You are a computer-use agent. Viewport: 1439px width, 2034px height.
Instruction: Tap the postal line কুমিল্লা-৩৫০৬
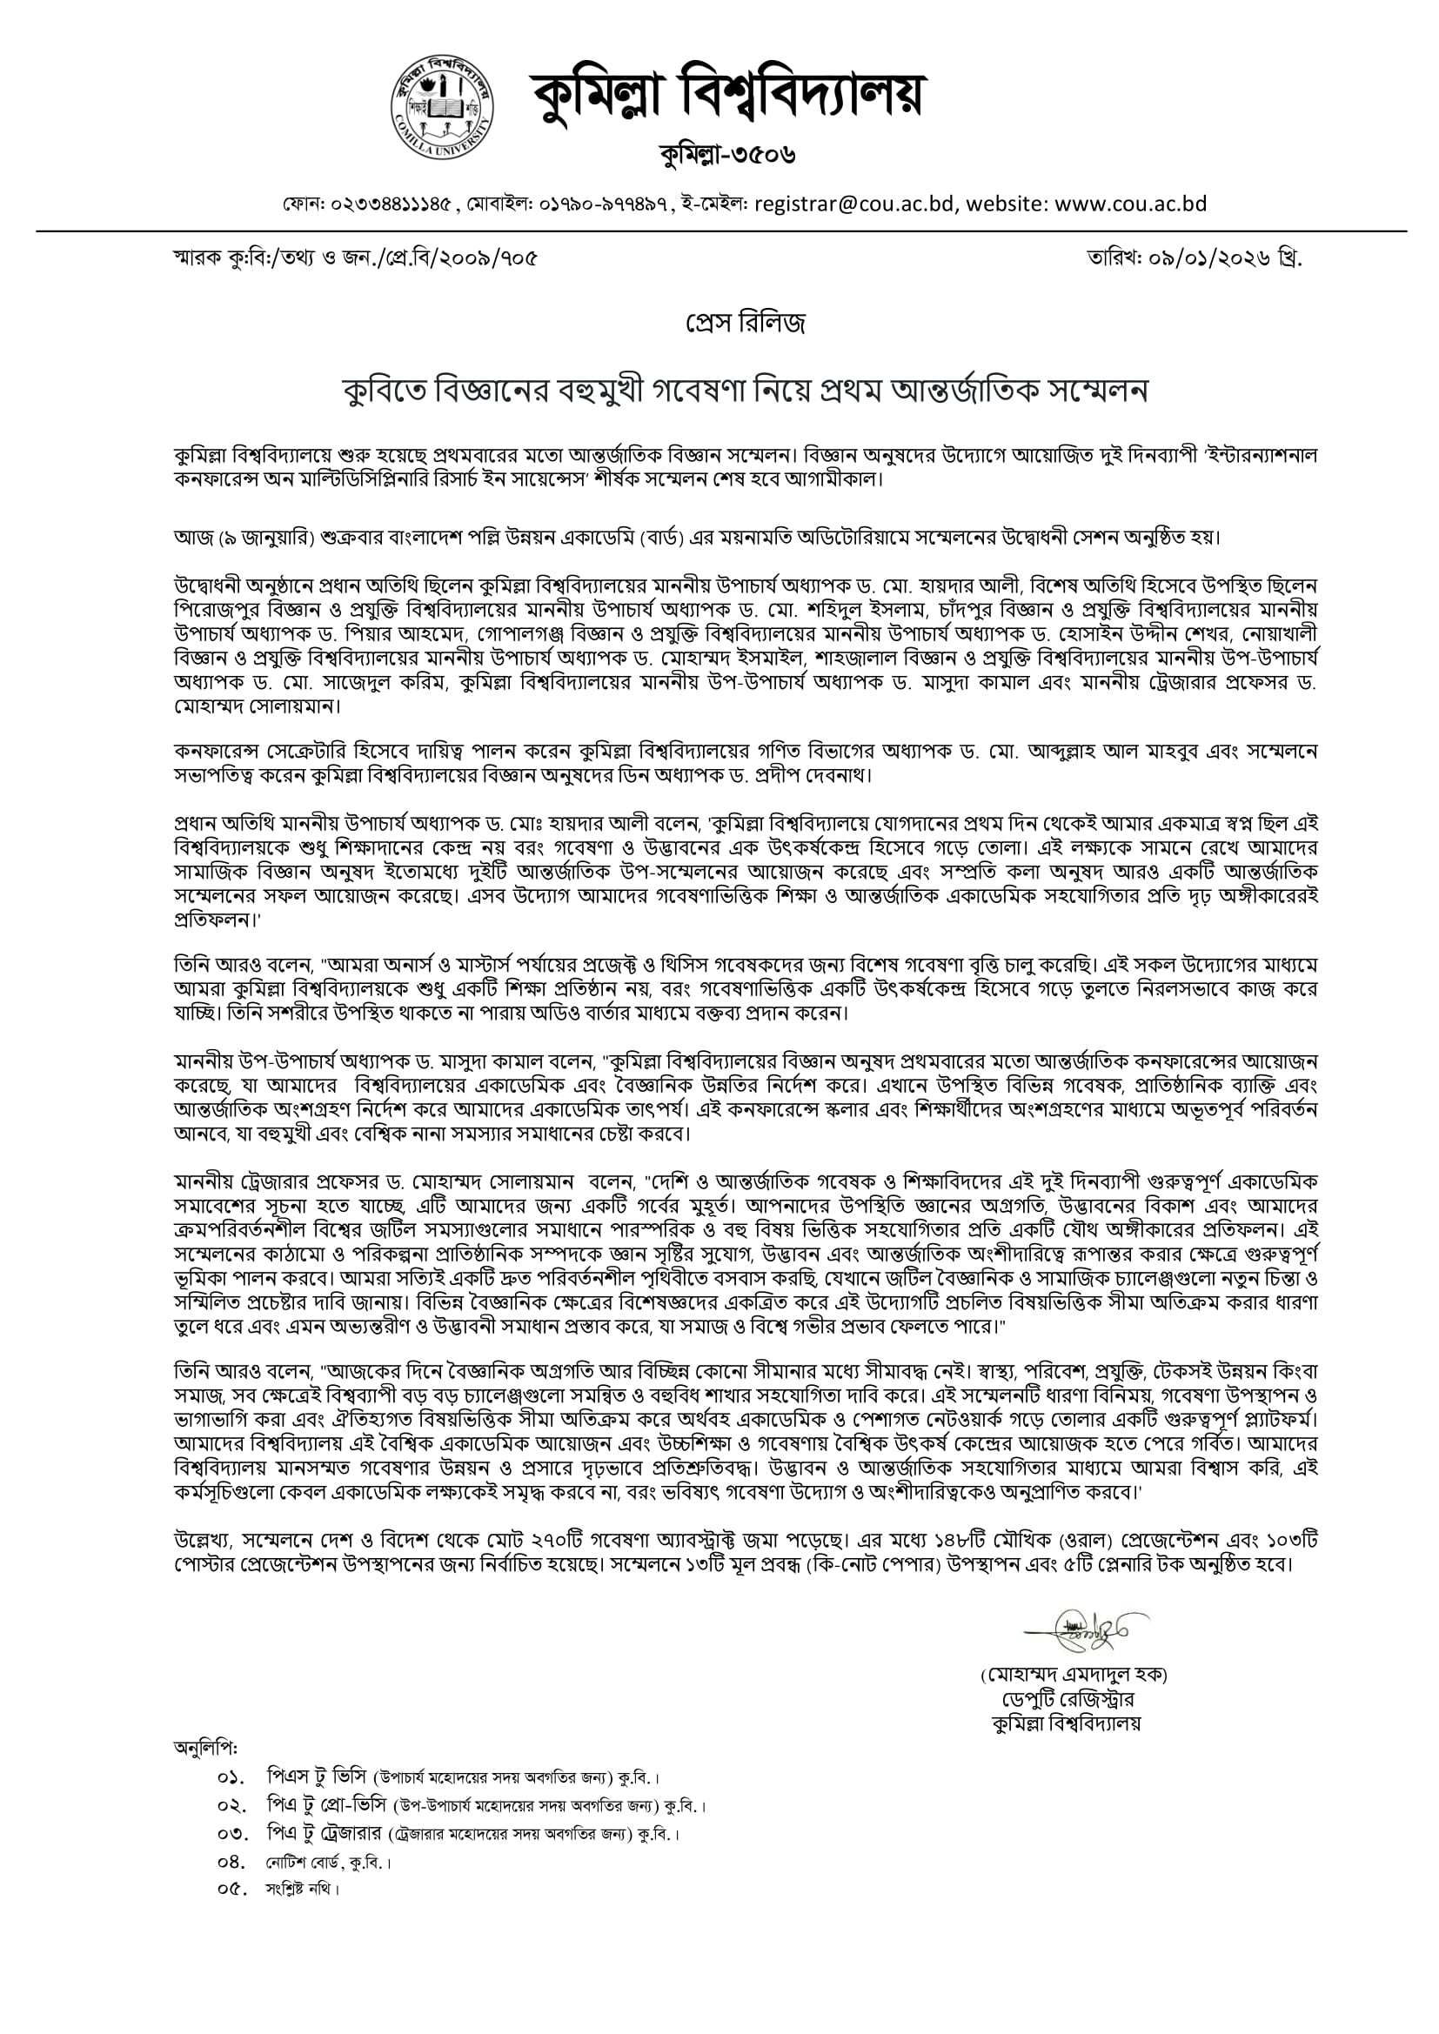[726, 155]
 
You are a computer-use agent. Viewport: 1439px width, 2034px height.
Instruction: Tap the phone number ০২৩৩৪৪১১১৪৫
[392, 205]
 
